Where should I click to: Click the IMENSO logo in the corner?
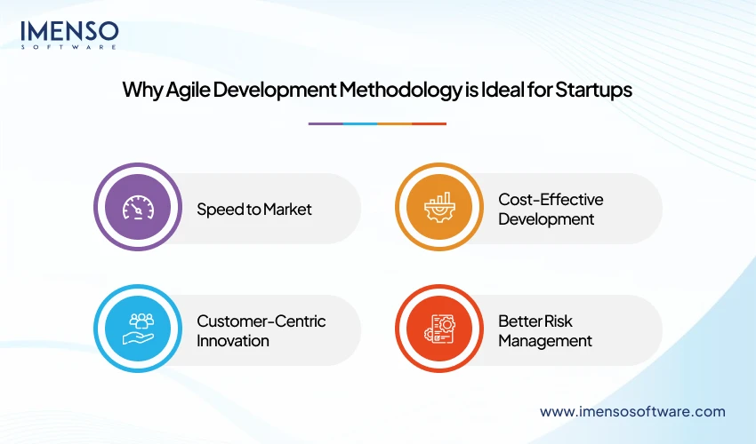69,32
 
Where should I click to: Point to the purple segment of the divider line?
326,123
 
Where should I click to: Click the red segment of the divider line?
430,123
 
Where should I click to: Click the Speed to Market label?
254,210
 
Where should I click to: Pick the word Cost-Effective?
551,200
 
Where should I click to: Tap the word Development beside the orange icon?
546,218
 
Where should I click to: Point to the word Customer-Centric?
261,321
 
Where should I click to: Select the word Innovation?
233,340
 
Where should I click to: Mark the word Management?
544,340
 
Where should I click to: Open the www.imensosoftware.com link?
632,411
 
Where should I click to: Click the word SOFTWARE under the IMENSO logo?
69,46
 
